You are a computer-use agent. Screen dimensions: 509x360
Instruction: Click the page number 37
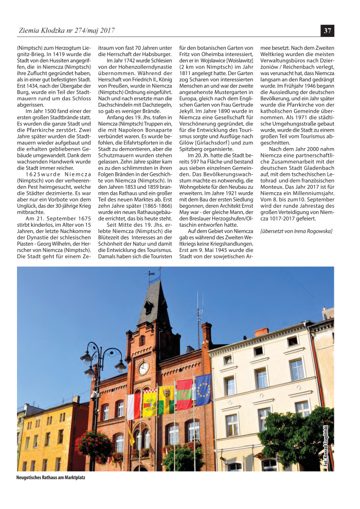(x=327, y=31)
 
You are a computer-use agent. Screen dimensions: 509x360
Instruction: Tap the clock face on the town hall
(x=144, y=368)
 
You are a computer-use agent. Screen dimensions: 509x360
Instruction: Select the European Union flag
(x=203, y=389)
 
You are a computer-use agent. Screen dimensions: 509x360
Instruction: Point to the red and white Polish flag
(x=134, y=406)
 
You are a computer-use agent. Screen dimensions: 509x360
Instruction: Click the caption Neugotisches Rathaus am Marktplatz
(x=51, y=478)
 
